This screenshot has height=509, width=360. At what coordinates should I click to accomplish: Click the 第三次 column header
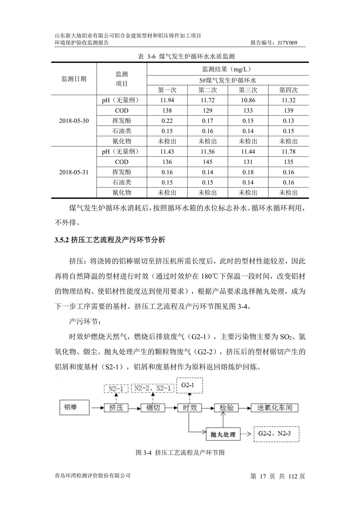248,90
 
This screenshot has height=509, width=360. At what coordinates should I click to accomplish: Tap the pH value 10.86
248,100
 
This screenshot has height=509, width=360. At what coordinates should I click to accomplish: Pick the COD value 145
207,162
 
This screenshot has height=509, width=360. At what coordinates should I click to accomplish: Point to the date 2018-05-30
74,121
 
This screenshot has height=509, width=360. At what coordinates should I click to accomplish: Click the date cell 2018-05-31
74,172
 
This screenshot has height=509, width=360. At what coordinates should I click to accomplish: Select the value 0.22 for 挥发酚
167,121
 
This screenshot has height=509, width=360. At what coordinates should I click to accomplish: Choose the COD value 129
207,111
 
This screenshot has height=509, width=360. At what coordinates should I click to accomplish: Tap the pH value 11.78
288,152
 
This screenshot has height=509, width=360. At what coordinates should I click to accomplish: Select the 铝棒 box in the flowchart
74,408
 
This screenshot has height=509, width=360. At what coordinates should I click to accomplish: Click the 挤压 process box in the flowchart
116,408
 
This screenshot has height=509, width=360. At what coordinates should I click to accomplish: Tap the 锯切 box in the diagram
153,408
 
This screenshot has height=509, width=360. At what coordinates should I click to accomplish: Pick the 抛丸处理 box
223,434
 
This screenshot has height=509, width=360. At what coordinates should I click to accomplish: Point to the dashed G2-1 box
189,385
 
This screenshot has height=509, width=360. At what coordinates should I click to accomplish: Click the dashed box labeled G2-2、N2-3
277,434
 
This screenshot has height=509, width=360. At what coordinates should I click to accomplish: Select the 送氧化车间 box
274,408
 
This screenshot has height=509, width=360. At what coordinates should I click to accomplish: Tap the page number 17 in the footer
263,476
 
